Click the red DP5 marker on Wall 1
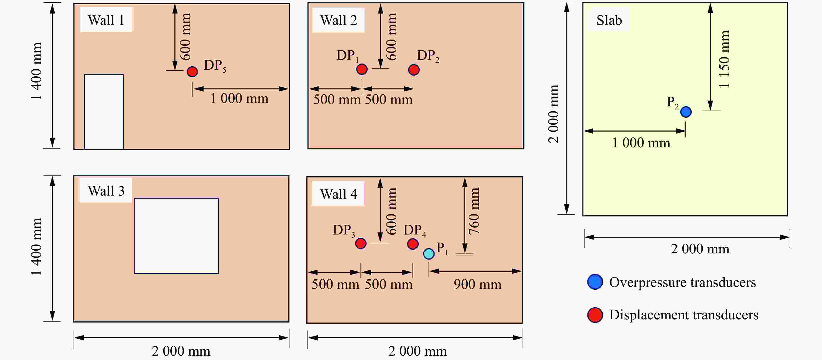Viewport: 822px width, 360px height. point(192,72)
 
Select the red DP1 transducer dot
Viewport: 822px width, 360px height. point(362,69)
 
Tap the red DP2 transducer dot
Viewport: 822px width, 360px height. point(414,70)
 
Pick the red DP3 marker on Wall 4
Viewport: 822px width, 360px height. point(361,243)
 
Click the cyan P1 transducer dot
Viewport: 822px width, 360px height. point(429,254)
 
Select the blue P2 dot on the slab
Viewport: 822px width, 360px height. point(686,112)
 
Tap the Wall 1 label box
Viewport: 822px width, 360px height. point(106,20)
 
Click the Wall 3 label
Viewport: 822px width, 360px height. point(106,191)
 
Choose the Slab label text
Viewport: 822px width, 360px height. point(609,20)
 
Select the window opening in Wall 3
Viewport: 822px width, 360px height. point(176,236)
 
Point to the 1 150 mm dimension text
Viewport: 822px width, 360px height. point(724,59)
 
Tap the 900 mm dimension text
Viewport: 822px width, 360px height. point(477,284)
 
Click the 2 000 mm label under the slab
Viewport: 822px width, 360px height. point(700,249)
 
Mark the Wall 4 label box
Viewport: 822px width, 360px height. point(338,194)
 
